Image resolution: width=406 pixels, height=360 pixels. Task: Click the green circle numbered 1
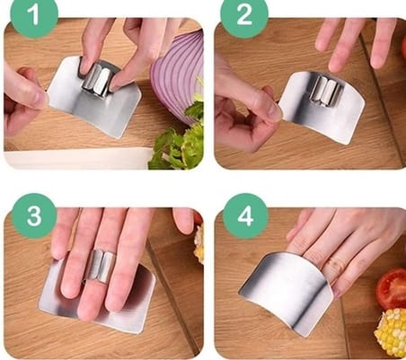click(x=34, y=15)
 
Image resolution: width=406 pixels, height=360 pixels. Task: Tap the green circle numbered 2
click(x=244, y=15)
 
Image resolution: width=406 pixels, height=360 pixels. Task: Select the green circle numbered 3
click(x=34, y=215)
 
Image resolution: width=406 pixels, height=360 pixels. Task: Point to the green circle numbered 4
click(x=245, y=215)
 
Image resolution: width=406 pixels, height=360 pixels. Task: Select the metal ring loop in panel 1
click(x=96, y=78)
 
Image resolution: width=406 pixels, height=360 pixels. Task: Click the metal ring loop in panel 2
click(x=326, y=90)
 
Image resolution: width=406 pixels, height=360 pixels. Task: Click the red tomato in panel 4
click(x=392, y=288)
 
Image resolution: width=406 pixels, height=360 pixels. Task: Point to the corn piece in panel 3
click(x=199, y=244)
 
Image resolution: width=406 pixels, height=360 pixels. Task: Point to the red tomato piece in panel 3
click(x=198, y=217)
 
